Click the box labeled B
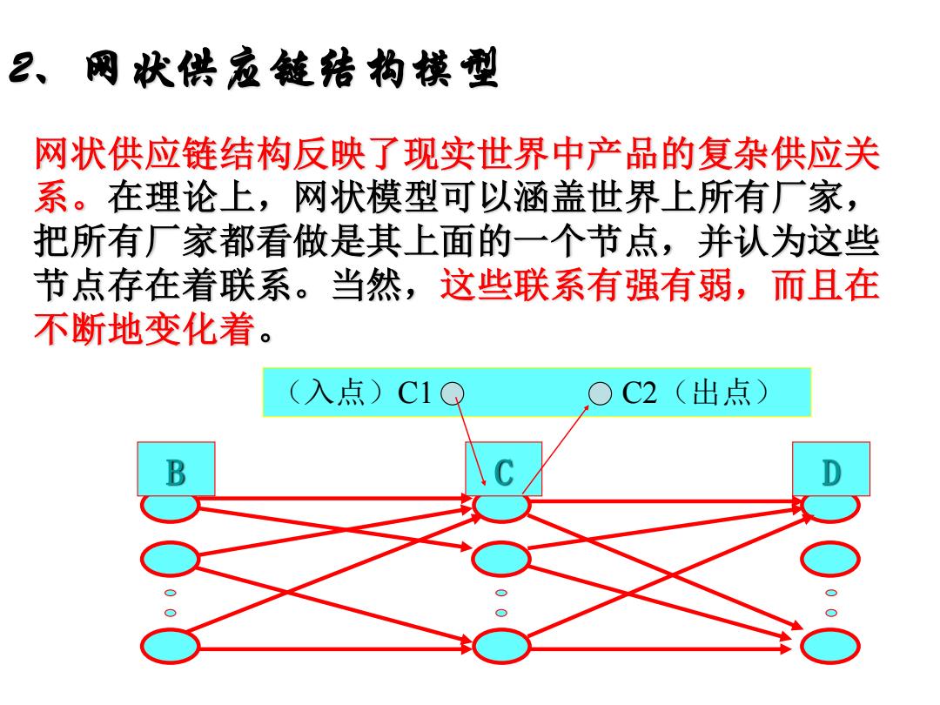point(176,469)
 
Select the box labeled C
point(504,469)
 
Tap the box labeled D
point(831,469)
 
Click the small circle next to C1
point(452,394)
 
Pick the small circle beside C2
point(600,394)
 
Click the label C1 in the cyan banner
point(414,393)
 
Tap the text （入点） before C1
point(337,393)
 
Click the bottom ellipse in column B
point(171,646)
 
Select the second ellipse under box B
point(171,559)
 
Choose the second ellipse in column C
point(501,559)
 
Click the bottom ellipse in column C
point(501,646)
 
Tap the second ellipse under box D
point(830,559)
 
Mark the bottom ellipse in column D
point(830,646)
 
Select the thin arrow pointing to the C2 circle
point(555,449)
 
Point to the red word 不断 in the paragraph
point(71,328)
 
